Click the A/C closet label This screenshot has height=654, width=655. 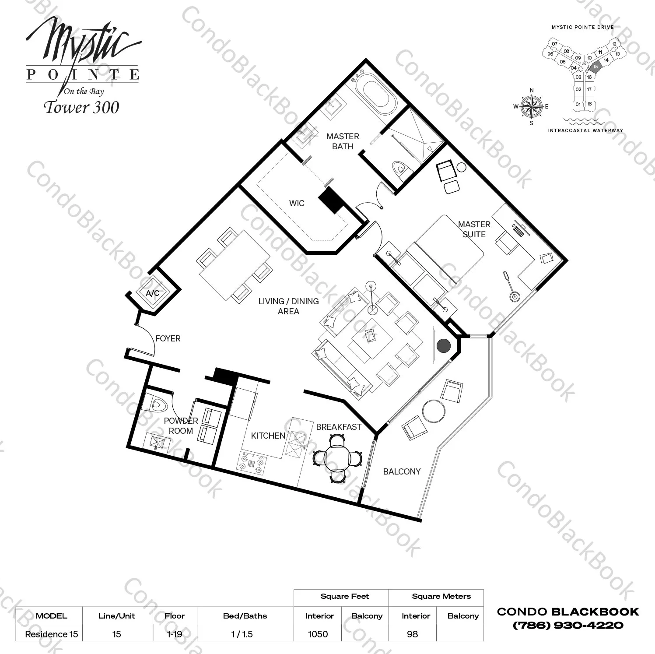click(152, 293)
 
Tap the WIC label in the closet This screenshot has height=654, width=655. click(297, 203)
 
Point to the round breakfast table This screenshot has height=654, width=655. click(337, 457)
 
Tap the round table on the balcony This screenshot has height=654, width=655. click(434, 411)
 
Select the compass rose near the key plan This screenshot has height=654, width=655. click(532, 106)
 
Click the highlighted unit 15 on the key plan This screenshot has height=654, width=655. click(595, 67)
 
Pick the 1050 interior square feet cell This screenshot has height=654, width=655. click(318, 634)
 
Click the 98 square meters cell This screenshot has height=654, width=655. click(412, 634)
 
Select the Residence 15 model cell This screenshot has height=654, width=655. click(51, 634)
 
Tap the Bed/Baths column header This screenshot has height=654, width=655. click(245, 616)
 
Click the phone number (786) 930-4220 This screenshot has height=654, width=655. click(568, 626)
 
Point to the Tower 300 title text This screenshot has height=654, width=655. click(81, 108)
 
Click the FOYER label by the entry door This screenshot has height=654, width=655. click(168, 338)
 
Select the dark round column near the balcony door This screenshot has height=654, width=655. click(444, 346)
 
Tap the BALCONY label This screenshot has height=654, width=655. click(402, 471)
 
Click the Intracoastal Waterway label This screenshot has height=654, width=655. click(585, 130)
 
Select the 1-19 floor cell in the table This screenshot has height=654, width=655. click(175, 634)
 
